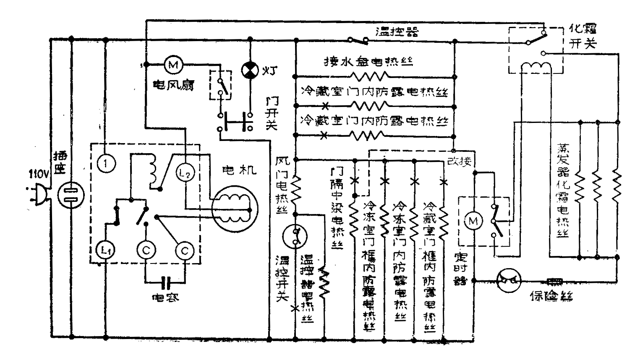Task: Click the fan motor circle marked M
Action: tap(172, 65)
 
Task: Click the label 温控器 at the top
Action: tap(397, 31)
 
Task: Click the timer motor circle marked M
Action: tap(473, 221)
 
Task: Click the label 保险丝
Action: tap(551, 296)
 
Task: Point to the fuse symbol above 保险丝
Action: tap(555, 279)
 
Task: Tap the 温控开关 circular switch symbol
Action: tap(295, 236)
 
